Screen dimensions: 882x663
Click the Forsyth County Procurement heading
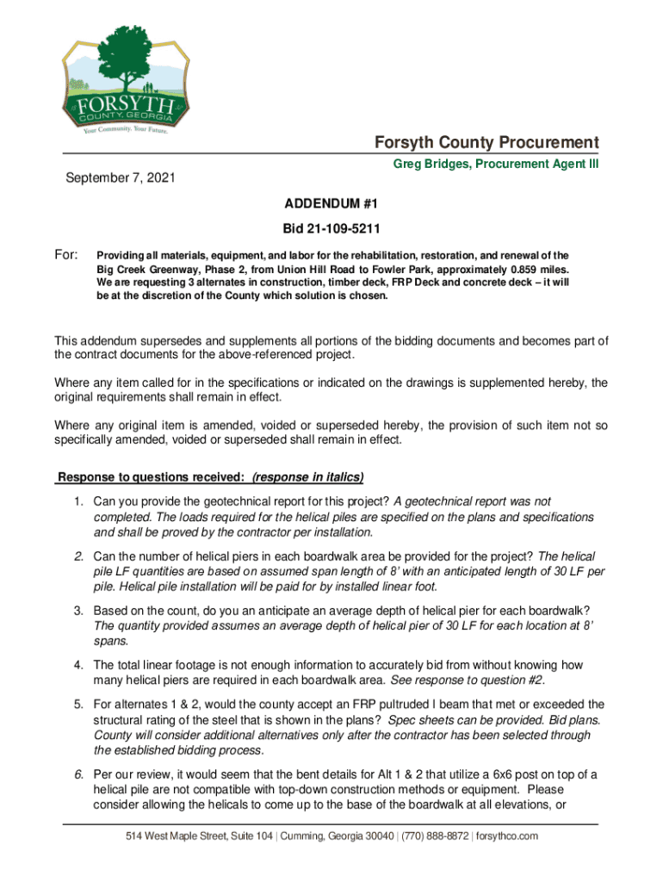(x=486, y=142)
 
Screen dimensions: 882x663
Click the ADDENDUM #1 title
(x=331, y=205)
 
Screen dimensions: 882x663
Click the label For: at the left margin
(x=66, y=256)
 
